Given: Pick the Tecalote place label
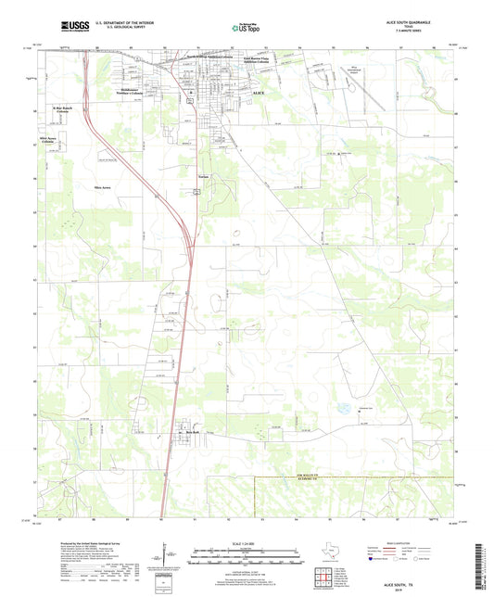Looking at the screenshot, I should coord(204,174).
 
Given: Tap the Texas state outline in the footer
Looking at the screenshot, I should coord(332,549).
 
